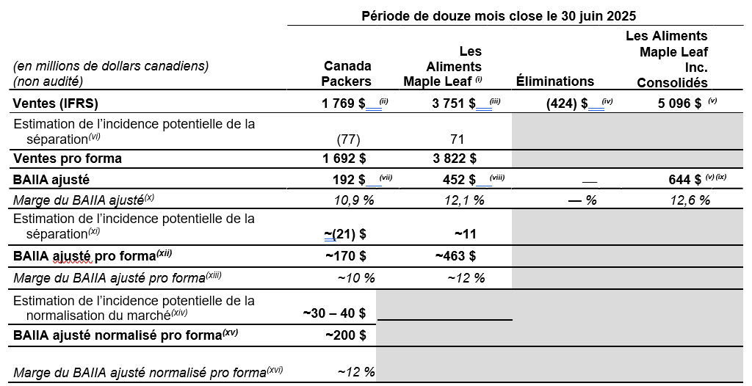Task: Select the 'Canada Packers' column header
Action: click(347, 73)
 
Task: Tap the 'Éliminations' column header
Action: click(554, 81)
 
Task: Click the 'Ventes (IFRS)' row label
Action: click(55, 103)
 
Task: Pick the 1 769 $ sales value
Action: click(343, 103)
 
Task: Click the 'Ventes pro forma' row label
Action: click(68, 159)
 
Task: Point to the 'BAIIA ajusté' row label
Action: click(51, 178)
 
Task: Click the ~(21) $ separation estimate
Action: click(345, 234)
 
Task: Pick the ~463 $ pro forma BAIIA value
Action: click(455, 256)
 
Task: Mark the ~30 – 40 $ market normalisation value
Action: click(335, 313)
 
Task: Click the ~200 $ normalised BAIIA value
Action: click(345, 335)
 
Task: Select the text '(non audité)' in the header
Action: click(48, 81)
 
